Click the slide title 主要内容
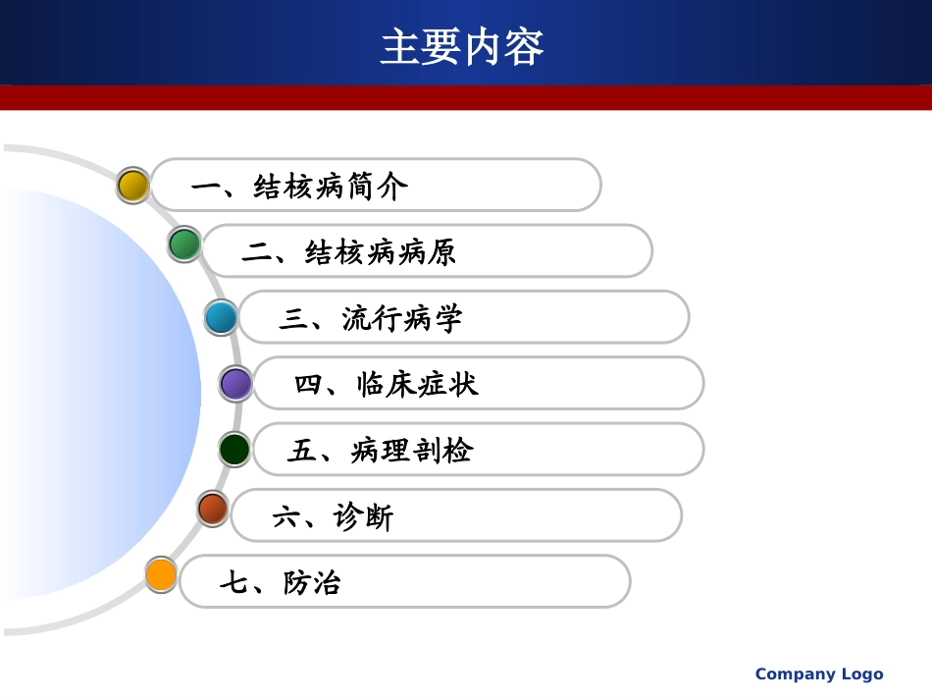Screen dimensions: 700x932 point(461,47)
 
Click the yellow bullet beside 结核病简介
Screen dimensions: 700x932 point(132,185)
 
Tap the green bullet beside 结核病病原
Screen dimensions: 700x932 point(184,243)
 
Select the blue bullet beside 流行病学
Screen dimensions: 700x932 point(221,317)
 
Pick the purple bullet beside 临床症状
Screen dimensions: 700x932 point(235,384)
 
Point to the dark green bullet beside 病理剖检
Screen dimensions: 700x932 point(234,450)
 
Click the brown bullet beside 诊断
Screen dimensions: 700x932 point(212,509)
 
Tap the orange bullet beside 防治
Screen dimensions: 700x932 point(161,573)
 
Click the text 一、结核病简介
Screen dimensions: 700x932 point(299,187)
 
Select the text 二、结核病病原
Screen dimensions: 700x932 point(349,253)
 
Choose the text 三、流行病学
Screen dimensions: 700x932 point(370,319)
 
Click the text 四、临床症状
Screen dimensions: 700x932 point(387,385)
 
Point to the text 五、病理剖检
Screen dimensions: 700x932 point(381,452)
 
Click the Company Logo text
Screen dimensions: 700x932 point(818,673)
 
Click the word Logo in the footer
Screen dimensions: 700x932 point(860,673)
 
